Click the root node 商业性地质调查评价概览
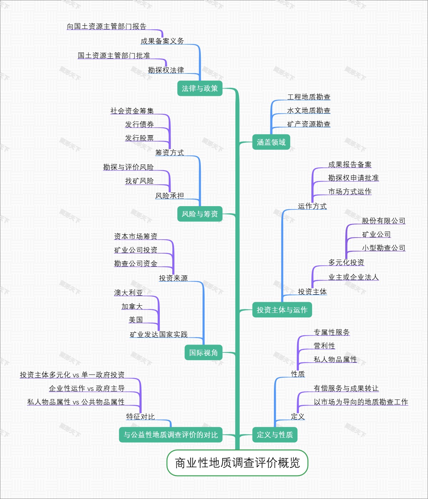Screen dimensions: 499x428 point(237,463)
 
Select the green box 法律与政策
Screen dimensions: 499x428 point(200,88)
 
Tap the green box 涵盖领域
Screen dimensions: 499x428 point(271,142)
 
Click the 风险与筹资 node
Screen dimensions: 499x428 point(200,214)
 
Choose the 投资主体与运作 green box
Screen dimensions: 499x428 point(282,310)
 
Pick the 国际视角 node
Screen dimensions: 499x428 point(203,353)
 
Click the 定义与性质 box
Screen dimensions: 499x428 point(275,435)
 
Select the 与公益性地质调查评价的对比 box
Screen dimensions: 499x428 point(170,435)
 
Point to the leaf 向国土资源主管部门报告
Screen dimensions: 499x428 point(107,26)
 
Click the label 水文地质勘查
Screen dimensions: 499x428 point(309,111)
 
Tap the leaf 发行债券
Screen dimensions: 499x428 point(139,124)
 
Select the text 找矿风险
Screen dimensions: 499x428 point(139,181)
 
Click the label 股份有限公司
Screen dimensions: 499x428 point(383,221)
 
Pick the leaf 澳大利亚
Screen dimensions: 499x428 point(128,293)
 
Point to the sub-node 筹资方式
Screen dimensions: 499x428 point(169,153)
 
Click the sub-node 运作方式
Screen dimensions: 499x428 point(312,206)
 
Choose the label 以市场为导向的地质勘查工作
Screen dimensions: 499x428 point(361,402)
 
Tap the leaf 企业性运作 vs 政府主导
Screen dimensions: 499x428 point(87,388)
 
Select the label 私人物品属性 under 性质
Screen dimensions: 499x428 point(335,360)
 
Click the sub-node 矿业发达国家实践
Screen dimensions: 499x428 point(159,335)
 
